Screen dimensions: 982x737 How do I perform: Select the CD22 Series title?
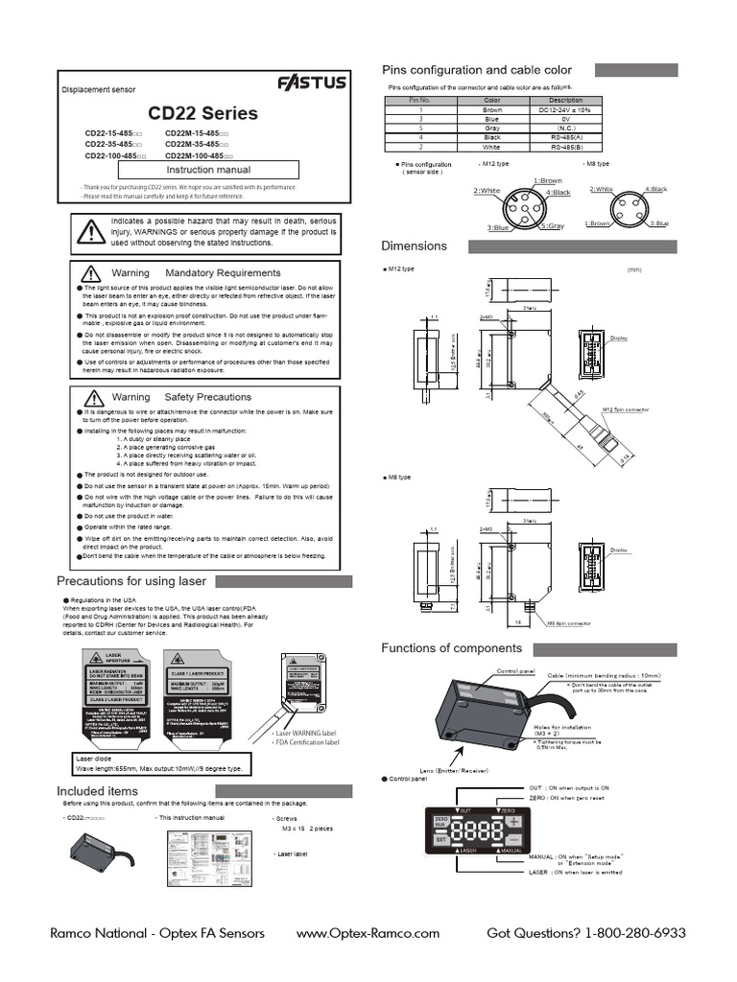tap(202, 113)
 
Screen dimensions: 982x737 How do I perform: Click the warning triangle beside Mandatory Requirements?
tap(92, 273)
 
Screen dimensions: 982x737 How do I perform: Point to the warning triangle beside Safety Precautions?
tap(92, 396)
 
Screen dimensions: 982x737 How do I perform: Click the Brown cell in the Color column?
tap(492, 110)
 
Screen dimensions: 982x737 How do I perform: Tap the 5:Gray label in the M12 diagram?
tap(552, 226)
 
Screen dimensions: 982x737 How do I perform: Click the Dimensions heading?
tap(415, 246)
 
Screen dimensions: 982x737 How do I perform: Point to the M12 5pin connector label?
tap(626, 409)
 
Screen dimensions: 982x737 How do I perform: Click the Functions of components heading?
tap(452, 648)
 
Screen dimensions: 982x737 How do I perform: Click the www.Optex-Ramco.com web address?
tap(368, 933)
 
